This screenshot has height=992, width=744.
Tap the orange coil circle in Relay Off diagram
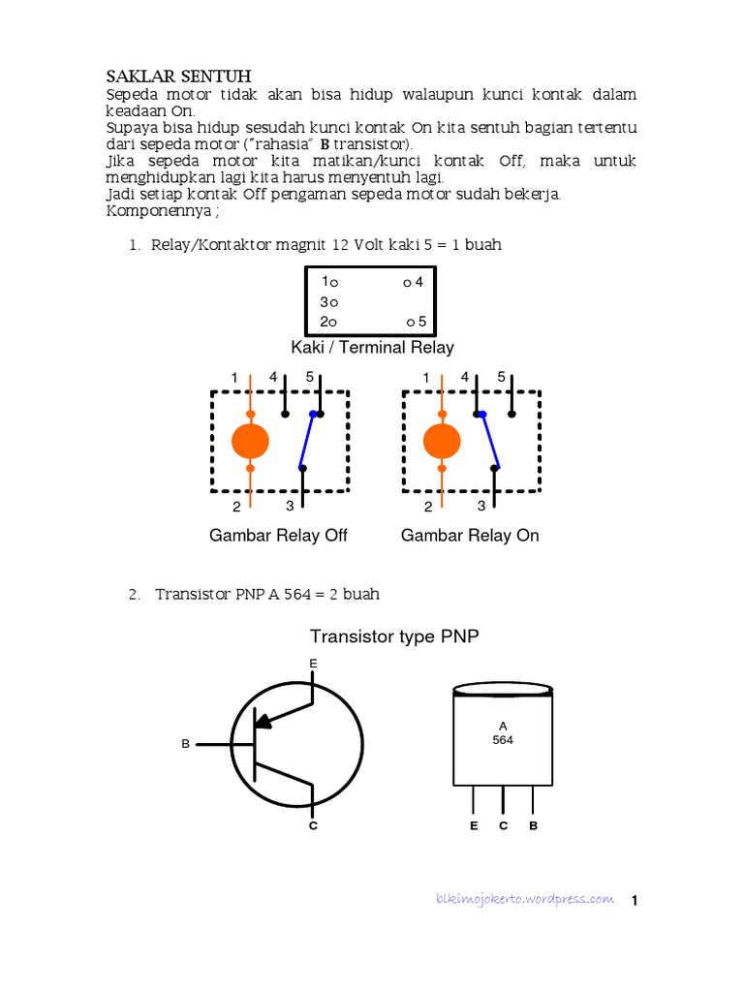(250, 442)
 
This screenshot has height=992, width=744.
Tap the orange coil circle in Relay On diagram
(442, 442)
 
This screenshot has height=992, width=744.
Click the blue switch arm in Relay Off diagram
(306, 442)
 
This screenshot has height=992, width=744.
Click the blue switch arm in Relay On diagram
(490, 440)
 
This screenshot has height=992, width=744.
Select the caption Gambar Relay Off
(278, 535)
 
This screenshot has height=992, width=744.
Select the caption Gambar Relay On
(470, 535)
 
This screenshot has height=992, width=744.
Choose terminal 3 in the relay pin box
(327, 302)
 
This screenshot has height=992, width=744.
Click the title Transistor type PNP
(394, 635)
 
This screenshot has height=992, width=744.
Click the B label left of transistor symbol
(185, 744)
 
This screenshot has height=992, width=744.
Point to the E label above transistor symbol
(313, 663)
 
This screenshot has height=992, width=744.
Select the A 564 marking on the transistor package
(503, 732)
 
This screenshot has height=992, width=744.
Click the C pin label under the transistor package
(504, 826)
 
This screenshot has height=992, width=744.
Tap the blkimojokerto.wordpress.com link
(524, 898)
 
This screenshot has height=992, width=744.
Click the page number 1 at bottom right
(635, 901)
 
